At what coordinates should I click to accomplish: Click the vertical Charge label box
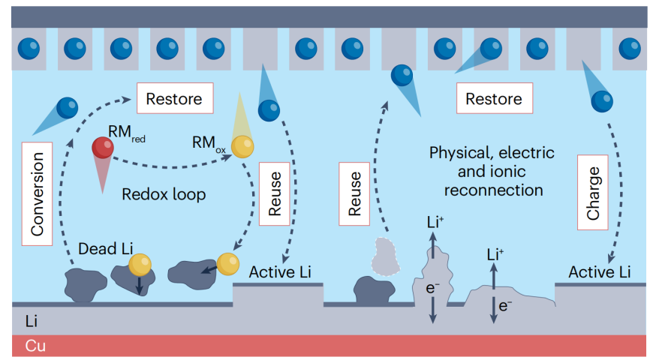pyautogui.click(x=593, y=192)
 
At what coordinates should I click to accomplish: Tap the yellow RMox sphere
pyautogui.click(x=242, y=147)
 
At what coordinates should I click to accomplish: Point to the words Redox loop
pyautogui.click(x=164, y=193)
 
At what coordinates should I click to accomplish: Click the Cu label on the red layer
pyautogui.click(x=37, y=346)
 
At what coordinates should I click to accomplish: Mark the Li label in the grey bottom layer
pyautogui.click(x=32, y=322)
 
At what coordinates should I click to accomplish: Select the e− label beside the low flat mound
pyautogui.click(x=505, y=304)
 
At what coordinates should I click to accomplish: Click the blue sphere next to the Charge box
pyautogui.click(x=600, y=100)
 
